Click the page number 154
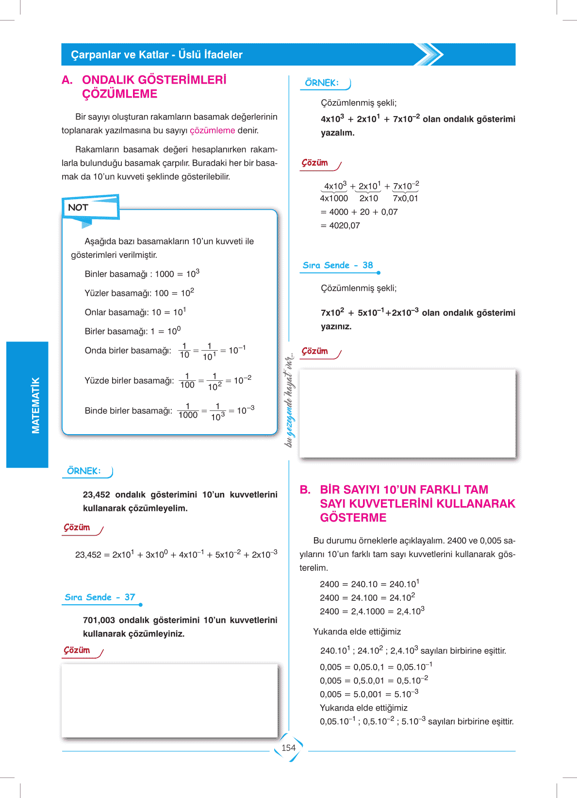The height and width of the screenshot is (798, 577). [288, 748]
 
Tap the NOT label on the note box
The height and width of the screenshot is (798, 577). [78, 207]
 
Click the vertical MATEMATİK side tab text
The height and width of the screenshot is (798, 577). [35, 405]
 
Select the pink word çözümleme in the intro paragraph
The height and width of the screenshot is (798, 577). [212, 131]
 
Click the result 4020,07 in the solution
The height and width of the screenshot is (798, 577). [345, 225]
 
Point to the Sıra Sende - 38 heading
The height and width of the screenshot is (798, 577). [338, 265]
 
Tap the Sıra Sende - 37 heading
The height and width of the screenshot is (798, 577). [100, 597]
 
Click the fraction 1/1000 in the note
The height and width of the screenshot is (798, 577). [188, 411]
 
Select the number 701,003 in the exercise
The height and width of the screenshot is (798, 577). [99, 620]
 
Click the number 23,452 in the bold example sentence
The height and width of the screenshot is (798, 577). [97, 495]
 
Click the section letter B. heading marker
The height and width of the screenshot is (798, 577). [305, 490]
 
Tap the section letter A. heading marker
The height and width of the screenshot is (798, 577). [67, 80]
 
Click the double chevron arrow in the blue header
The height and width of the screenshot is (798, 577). [429, 54]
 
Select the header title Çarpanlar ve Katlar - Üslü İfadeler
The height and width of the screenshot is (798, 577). [157, 55]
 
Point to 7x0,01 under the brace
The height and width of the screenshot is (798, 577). [405, 199]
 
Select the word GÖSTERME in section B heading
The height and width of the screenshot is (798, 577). [353, 518]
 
